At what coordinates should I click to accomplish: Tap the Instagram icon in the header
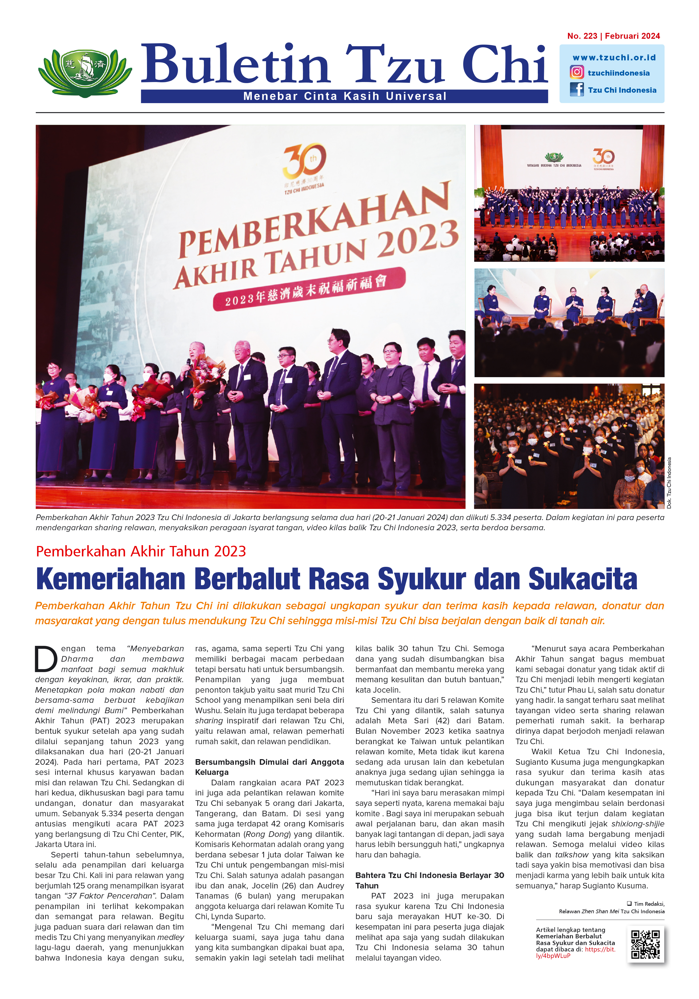tap(577, 72)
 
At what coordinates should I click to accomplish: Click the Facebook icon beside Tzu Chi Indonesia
tap(577, 90)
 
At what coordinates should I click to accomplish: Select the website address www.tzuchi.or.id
tap(614, 57)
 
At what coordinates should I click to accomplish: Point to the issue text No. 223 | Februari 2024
tap(613, 36)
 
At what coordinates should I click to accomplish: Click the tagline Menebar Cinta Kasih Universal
tap(345, 96)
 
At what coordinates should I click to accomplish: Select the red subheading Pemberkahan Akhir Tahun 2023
tap(141, 551)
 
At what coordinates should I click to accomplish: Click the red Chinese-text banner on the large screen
tap(309, 289)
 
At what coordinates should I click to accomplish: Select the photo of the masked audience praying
tap(569, 446)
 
